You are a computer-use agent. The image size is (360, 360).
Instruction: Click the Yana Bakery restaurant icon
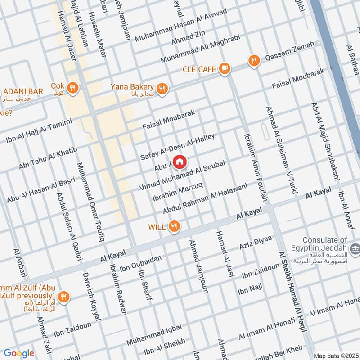[x=163, y=89]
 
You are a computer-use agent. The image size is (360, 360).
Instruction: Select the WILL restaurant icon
[x=174, y=227]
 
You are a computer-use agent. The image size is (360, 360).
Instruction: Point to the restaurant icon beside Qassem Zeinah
[x=254, y=60]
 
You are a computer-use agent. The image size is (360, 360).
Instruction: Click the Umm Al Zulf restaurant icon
[x=64, y=297]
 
